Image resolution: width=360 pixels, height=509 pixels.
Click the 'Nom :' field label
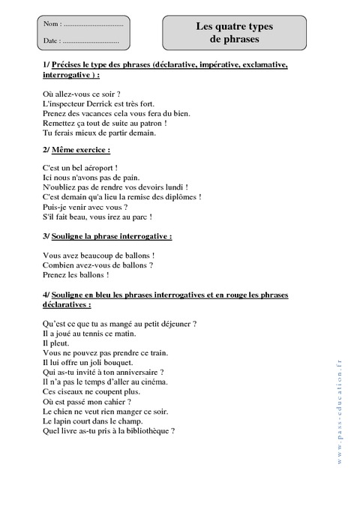(52, 25)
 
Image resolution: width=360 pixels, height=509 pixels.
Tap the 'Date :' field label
(52, 40)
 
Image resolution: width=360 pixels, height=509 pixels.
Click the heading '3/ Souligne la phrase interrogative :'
(108, 236)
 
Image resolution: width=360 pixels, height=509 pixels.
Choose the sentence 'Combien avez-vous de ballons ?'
(98, 265)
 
